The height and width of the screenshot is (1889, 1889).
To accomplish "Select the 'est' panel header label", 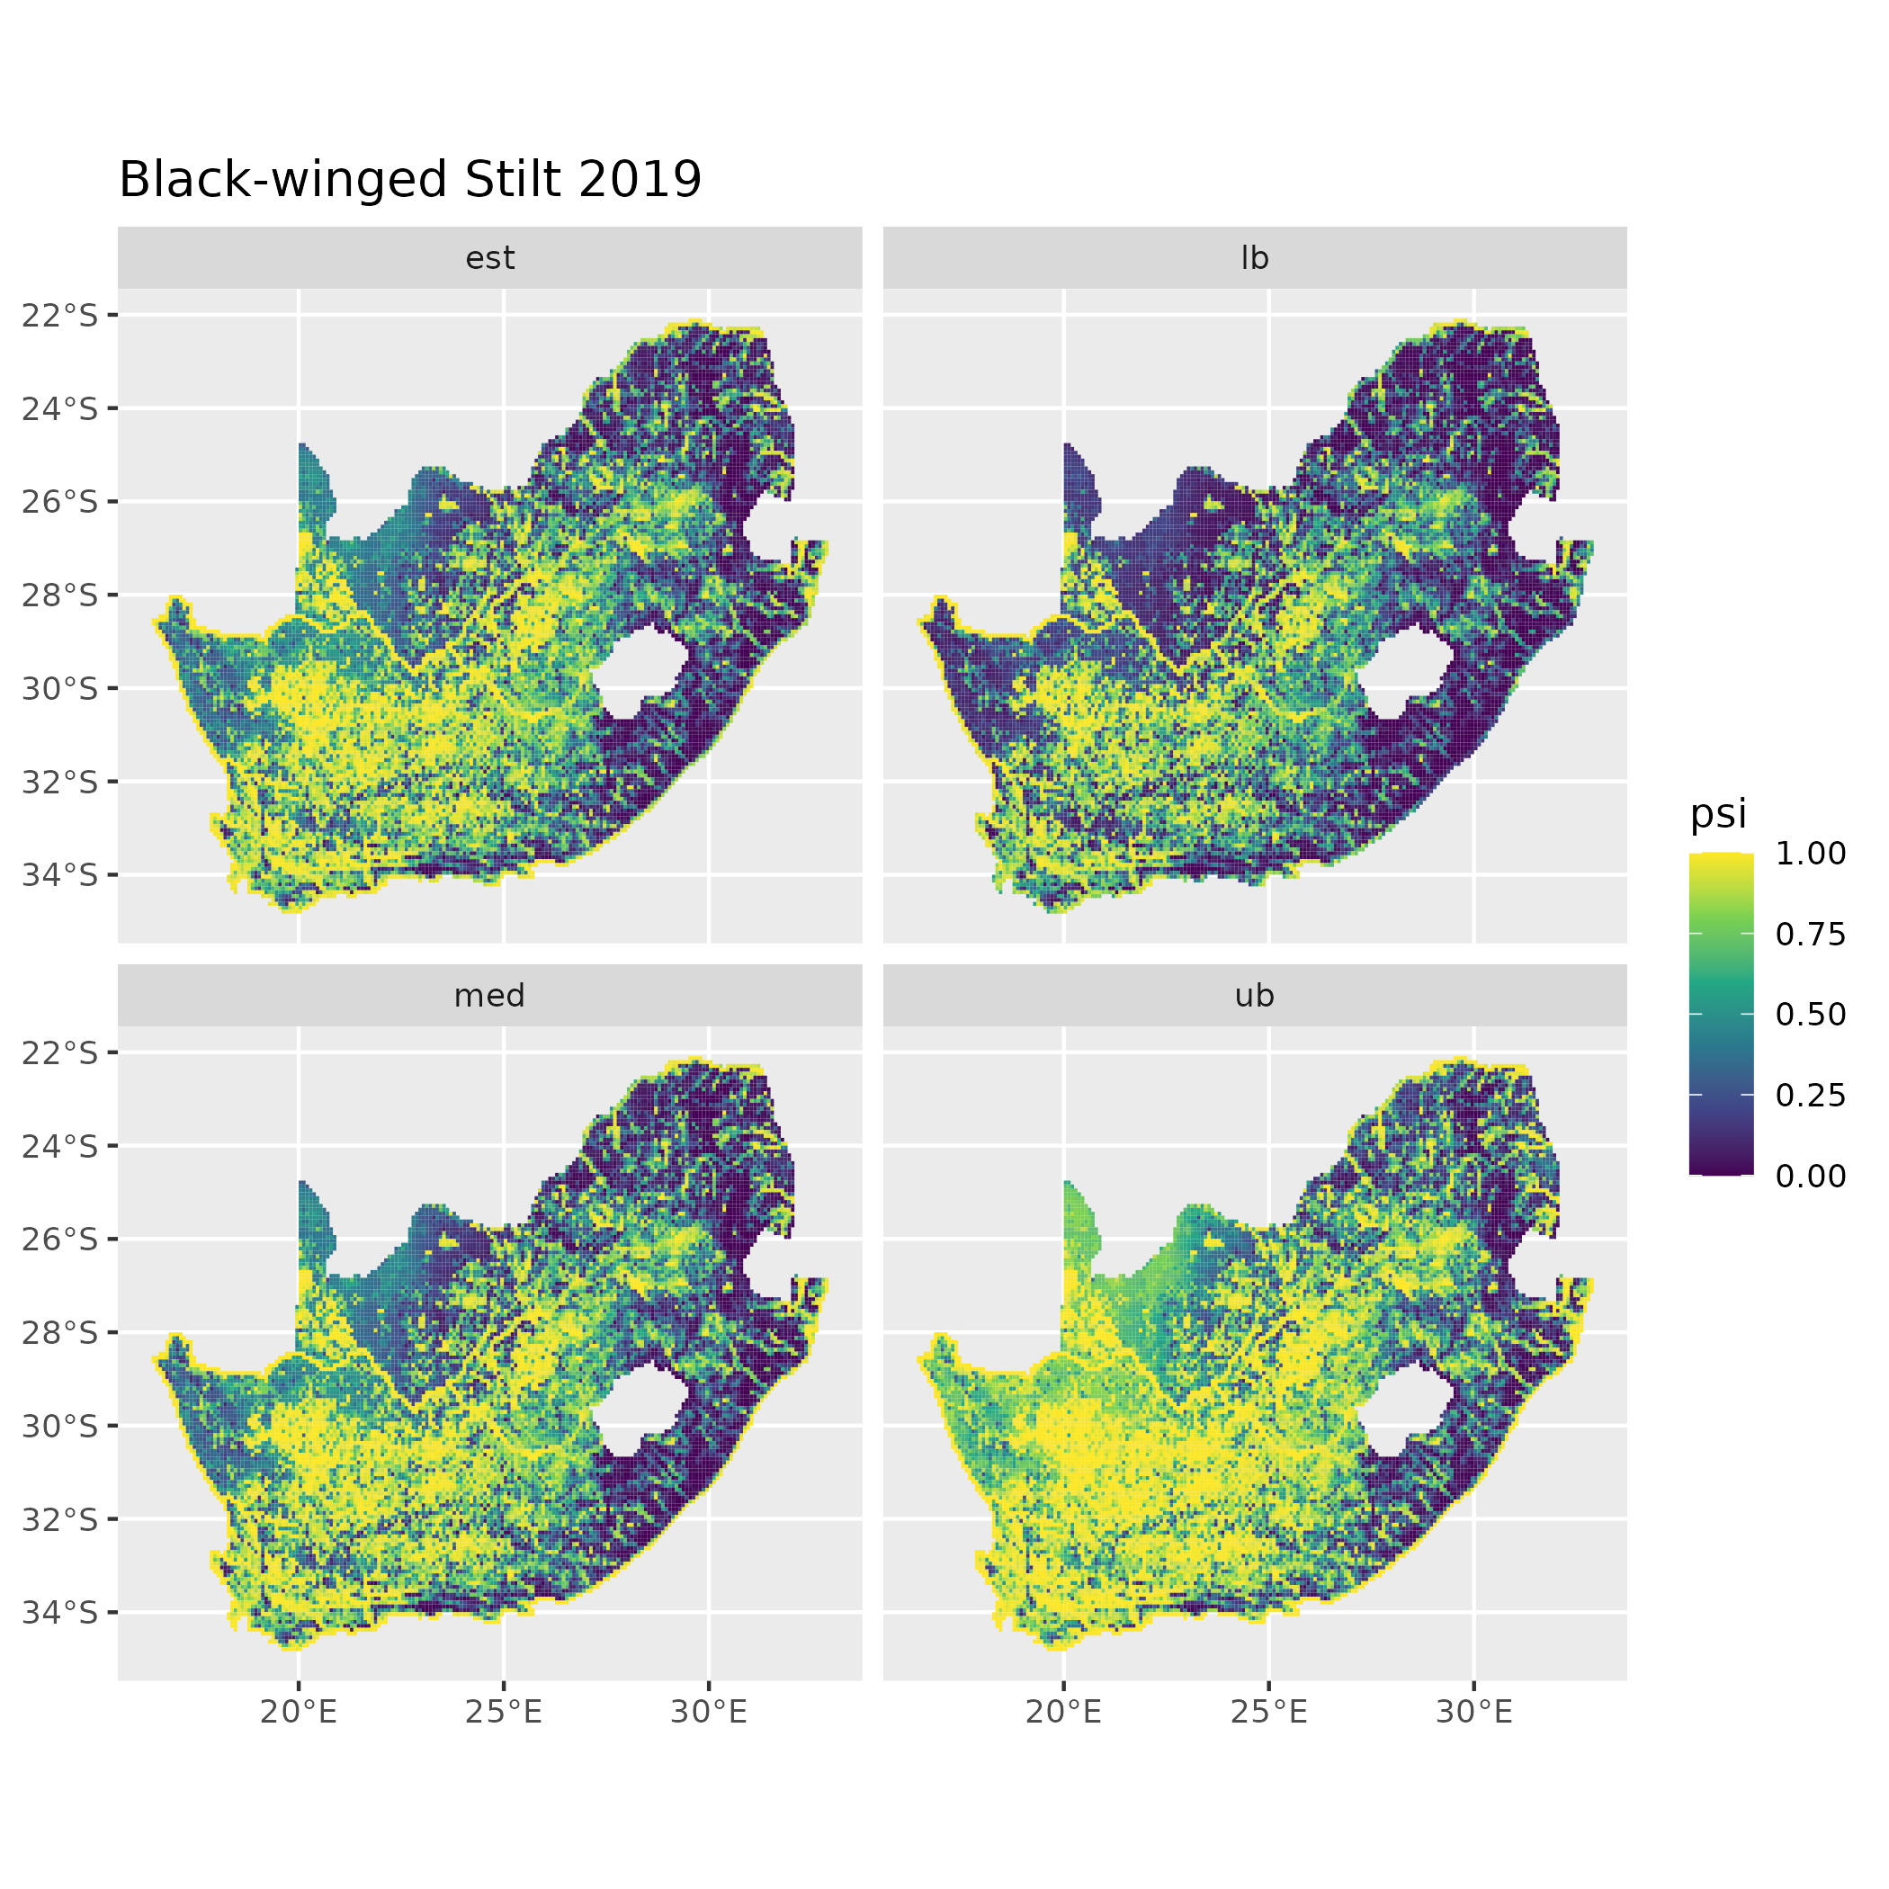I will point(490,258).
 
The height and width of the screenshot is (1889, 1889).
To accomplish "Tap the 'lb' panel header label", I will point(1255,258).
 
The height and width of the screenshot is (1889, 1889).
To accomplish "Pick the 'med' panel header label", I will point(490,996).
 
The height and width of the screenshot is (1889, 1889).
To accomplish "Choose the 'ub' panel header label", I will point(1255,996).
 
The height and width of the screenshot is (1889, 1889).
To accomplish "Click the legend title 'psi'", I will point(1718,813).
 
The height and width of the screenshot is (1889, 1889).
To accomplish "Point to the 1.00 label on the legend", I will point(1810,854).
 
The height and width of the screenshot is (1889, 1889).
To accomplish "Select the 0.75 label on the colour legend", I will point(1810,934).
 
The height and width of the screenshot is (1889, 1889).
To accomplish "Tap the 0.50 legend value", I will point(1810,1014).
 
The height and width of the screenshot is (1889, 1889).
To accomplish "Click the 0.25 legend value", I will point(1810,1095).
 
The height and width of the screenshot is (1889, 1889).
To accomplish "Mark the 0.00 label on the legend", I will point(1810,1176).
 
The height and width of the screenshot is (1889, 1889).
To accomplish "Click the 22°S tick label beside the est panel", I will point(60,315).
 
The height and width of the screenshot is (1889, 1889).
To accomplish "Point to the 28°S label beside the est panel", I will point(60,595).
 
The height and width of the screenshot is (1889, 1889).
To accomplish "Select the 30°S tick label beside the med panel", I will point(60,1426).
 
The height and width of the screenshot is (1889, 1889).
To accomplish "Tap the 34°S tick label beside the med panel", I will point(60,1611).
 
